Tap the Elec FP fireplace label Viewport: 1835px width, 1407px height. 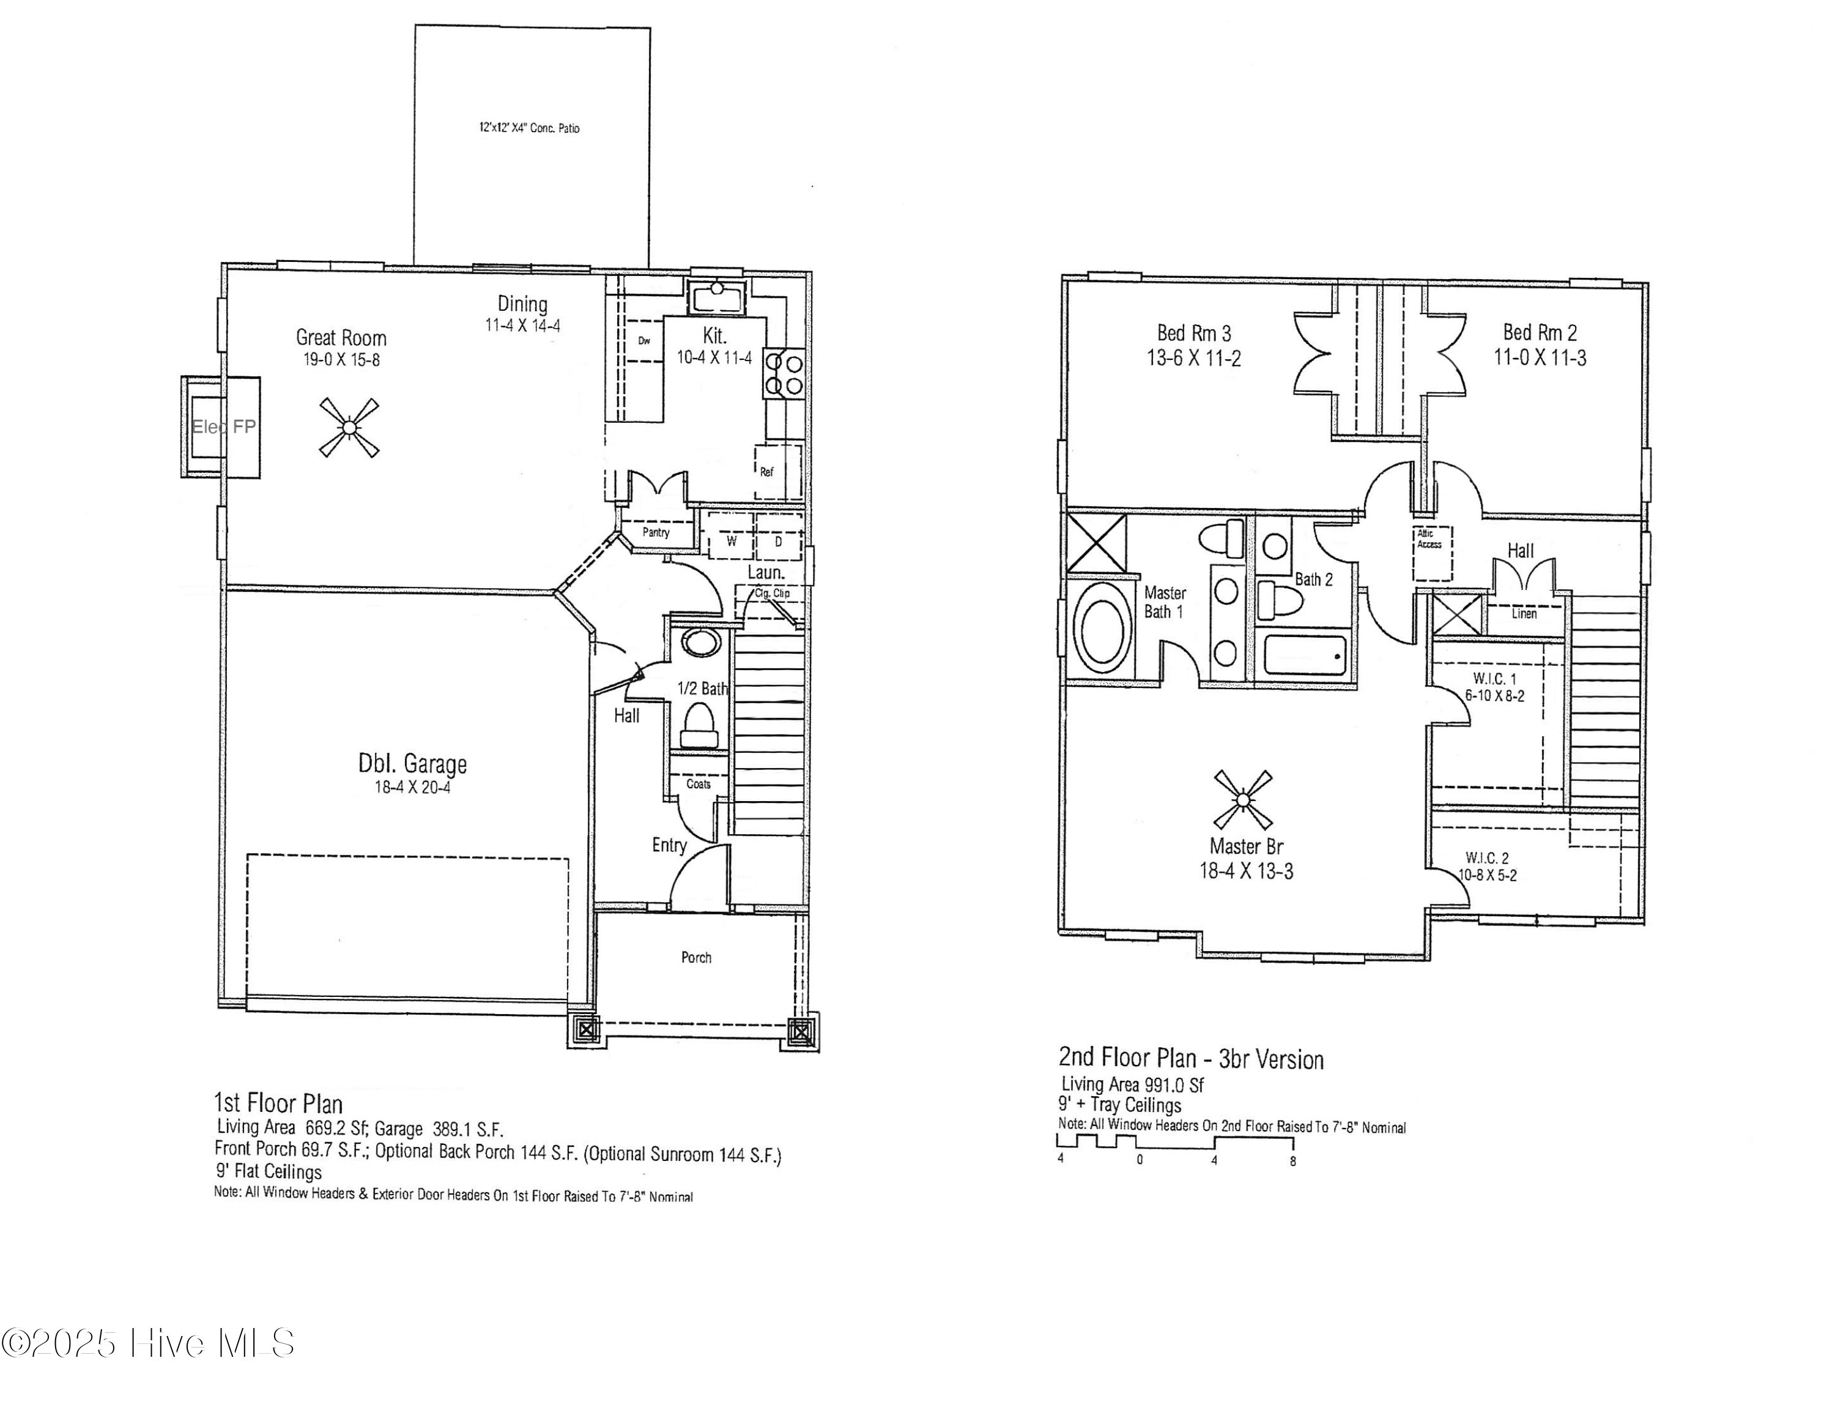[223, 427]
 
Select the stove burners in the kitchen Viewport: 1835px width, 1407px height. [784, 373]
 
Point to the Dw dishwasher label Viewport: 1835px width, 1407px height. [643, 341]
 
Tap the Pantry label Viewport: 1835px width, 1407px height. [656, 532]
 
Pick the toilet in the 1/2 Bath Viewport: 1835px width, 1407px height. [699, 725]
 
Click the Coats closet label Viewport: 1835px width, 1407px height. [698, 785]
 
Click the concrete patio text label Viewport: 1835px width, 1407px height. [529, 128]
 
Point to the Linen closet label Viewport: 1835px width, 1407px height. [1524, 614]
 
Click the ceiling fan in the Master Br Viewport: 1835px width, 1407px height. [1242, 800]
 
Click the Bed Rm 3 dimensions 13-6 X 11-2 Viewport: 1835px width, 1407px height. [1194, 359]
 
